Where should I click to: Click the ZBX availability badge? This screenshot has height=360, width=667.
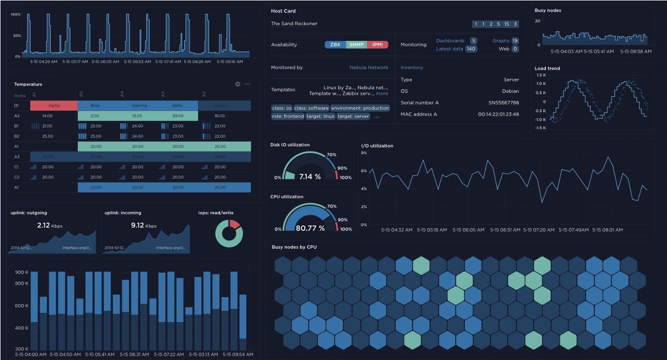point(335,45)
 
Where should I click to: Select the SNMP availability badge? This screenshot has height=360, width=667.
point(356,45)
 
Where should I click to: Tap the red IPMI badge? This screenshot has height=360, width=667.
point(377,45)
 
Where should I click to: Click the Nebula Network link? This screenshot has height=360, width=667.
point(369,68)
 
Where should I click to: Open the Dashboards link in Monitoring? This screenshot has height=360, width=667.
point(450,40)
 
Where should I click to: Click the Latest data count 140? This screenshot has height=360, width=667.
point(470,49)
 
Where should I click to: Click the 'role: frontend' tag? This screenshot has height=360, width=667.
point(287,116)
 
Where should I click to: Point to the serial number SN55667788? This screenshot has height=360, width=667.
point(503,103)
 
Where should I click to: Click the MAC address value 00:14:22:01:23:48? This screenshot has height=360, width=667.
point(498,114)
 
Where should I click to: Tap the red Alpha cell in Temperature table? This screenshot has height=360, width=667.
point(54,105)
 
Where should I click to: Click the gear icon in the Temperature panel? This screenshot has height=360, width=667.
point(238,84)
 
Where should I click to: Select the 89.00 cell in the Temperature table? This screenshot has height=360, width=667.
point(178,116)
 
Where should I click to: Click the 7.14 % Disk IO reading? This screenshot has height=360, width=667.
point(309,177)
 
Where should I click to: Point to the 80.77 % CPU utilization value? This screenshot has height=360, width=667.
point(310,228)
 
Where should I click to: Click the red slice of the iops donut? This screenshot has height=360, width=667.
point(234,224)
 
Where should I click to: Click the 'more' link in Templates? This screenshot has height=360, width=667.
point(382,94)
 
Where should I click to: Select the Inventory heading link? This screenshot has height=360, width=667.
point(412,68)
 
